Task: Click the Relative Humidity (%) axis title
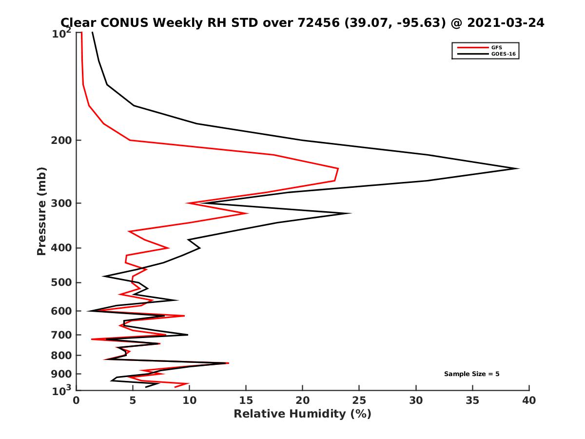[302, 414]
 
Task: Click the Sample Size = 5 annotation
[471, 374]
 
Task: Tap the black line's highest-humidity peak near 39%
[518, 168]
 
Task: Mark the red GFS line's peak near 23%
[338, 169]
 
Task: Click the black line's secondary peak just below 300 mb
[350, 213]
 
